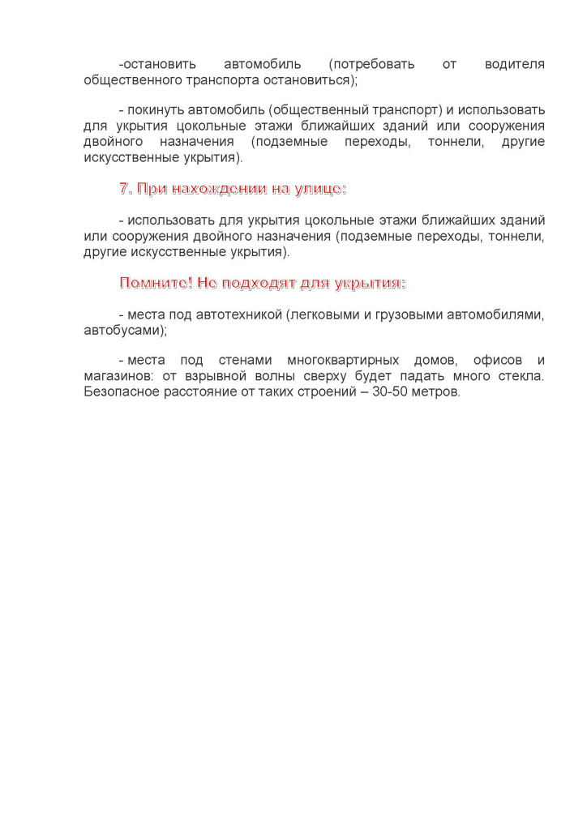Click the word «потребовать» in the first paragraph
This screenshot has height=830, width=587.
tap(371, 63)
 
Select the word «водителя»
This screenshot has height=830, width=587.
tap(514, 63)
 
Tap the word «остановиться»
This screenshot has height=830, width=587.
tap(310, 79)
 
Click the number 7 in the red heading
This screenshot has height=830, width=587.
tap(124, 189)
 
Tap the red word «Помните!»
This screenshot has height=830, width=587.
tap(156, 283)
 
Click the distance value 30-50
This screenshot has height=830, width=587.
tap(391, 392)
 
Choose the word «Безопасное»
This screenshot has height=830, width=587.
tap(123, 392)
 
